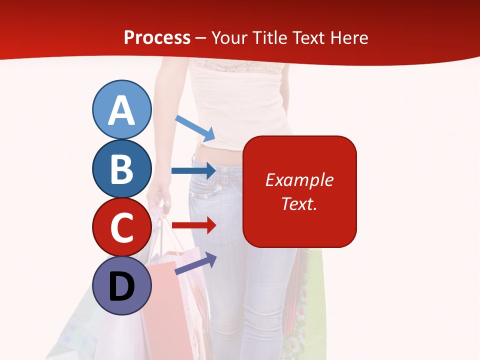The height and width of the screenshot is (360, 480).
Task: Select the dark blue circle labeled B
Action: [121, 169]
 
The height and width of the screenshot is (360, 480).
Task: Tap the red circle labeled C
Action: [121, 227]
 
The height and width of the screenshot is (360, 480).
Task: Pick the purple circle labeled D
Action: [121, 285]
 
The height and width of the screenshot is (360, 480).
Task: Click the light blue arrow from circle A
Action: [195, 128]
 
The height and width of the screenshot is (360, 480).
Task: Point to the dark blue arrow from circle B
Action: [193, 171]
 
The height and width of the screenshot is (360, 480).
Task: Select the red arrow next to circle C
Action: [193, 225]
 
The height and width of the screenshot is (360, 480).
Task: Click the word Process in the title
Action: [157, 37]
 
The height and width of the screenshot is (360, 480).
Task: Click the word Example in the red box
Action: [299, 180]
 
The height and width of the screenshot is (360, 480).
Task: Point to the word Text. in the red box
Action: [299, 203]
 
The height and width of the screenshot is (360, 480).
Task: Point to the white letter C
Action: [121, 228]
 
